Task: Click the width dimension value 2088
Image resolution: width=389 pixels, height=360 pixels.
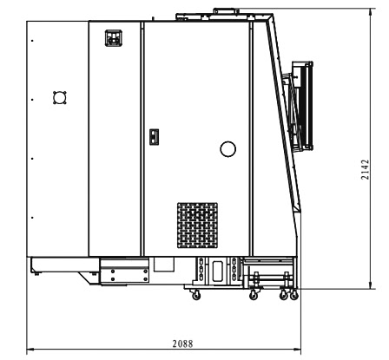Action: pos(182,344)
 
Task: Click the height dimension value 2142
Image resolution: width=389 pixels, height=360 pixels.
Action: pos(366,170)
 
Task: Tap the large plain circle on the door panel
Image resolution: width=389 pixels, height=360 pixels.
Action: pos(227,149)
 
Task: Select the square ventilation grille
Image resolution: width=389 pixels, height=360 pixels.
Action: pos(197,226)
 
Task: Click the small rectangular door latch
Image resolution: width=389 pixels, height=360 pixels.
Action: pos(154,137)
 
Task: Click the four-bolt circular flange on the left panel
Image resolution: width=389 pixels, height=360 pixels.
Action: pos(60,97)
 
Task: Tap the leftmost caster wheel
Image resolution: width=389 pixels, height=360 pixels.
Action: pos(196,295)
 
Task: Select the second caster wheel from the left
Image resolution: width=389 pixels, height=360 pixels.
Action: pos(254,295)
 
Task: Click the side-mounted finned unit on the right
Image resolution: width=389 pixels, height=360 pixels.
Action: pos(302,106)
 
